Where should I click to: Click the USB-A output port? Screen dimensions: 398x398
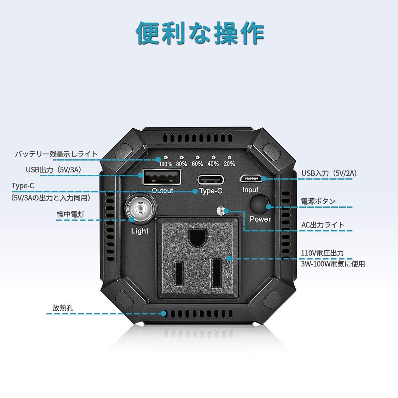(162, 177)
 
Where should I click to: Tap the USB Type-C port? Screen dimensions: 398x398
(211, 179)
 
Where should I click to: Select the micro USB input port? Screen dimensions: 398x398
(250, 178)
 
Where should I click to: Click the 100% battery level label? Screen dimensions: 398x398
(165, 164)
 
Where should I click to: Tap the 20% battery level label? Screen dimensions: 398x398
(229, 164)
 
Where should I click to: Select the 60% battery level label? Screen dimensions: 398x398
(197, 164)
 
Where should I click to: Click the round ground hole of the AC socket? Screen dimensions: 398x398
(198, 237)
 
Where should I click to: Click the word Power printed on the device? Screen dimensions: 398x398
(260, 219)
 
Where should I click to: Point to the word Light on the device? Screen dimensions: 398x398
(140, 231)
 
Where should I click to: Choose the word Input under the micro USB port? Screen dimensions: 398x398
(250, 190)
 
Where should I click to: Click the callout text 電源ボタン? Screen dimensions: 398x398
(318, 201)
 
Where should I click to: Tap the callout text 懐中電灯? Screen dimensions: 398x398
(71, 214)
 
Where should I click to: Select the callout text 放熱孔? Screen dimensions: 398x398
(63, 308)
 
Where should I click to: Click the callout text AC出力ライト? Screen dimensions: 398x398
(323, 225)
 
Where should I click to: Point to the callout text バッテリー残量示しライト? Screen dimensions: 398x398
(56, 154)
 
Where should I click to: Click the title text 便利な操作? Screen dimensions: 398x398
(200, 33)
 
